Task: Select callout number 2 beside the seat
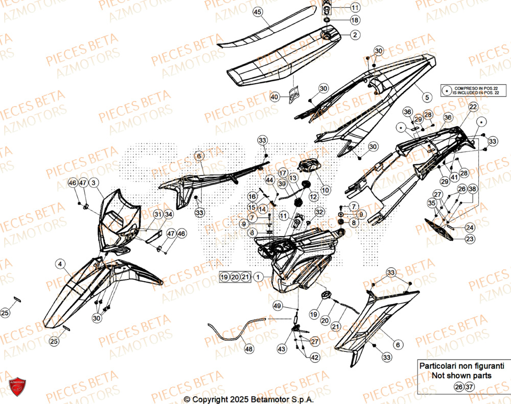[354, 35]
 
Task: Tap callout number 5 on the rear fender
[426, 95]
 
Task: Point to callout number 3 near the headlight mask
[94, 182]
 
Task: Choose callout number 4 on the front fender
[61, 264]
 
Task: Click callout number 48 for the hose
[249, 349]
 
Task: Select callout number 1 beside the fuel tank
[259, 277]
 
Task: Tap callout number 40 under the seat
[275, 96]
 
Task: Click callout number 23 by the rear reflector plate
[469, 238]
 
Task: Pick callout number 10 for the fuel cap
[326, 189]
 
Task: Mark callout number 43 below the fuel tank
[282, 349]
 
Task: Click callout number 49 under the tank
[277, 306]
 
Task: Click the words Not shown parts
[461, 375]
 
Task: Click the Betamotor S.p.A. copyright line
[248, 399]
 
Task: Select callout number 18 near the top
[355, 20]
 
